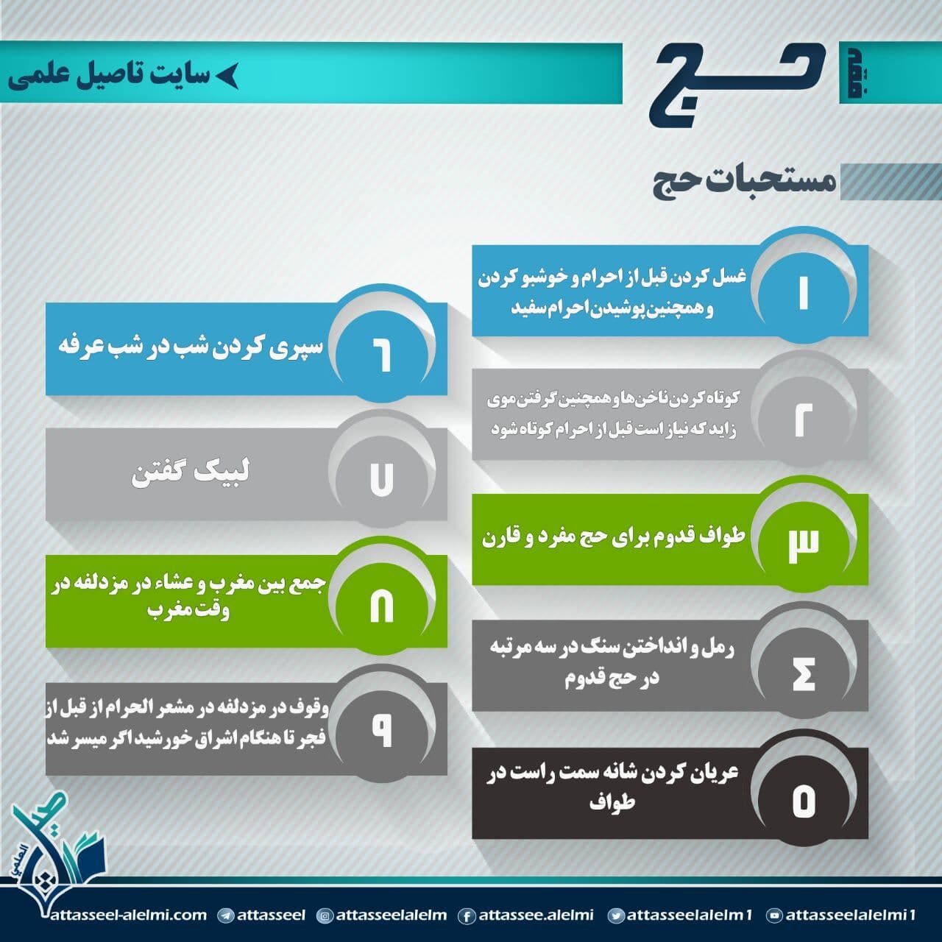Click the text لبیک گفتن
[x=191, y=472]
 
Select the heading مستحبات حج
[x=744, y=181]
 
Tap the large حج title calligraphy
[x=737, y=83]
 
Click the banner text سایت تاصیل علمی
[x=108, y=75]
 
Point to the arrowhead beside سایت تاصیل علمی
[x=227, y=76]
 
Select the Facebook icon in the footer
[x=467, y=916]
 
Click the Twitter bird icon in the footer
[x=615, y=916]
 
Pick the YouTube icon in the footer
[x=774, y=916]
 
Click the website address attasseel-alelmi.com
[x=129, y=915]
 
